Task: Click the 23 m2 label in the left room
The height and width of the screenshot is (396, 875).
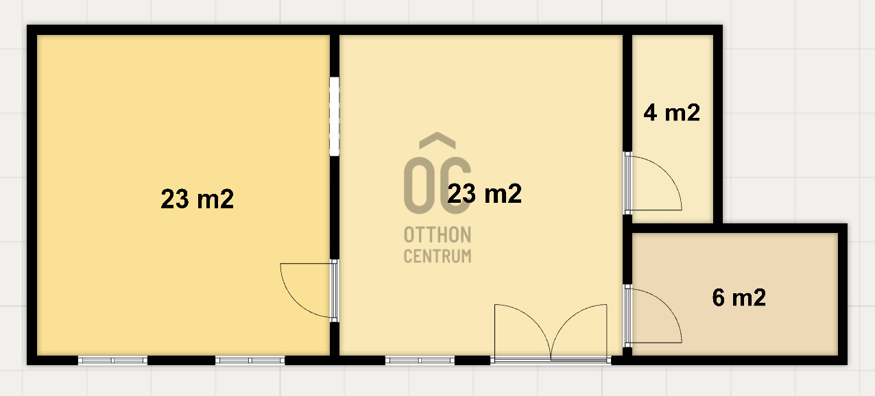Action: [197, 199]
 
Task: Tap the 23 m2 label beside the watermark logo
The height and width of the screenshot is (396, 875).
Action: [484, 193]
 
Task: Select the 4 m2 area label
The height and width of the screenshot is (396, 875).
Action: [671, 113]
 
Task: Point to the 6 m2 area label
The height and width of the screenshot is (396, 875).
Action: [739, 297]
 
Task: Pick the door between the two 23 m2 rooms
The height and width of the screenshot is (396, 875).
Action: [309, 290]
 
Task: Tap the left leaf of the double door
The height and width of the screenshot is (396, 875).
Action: [523, 332]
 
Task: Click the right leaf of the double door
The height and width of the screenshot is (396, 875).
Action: [579, 332]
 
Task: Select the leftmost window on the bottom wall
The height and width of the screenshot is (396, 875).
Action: [113, 360]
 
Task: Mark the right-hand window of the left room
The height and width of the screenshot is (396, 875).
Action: [250, 360]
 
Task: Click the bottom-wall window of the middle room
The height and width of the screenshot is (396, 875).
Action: [420, 360]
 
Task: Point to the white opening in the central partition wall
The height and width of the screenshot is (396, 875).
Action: [335, 116]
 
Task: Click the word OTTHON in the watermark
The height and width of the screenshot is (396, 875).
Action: [438, 235]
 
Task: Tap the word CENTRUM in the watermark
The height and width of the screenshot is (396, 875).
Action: [438, 256]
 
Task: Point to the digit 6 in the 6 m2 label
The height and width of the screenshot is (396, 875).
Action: [719, 297]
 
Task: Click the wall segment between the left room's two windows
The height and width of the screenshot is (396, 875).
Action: [182, 360]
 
